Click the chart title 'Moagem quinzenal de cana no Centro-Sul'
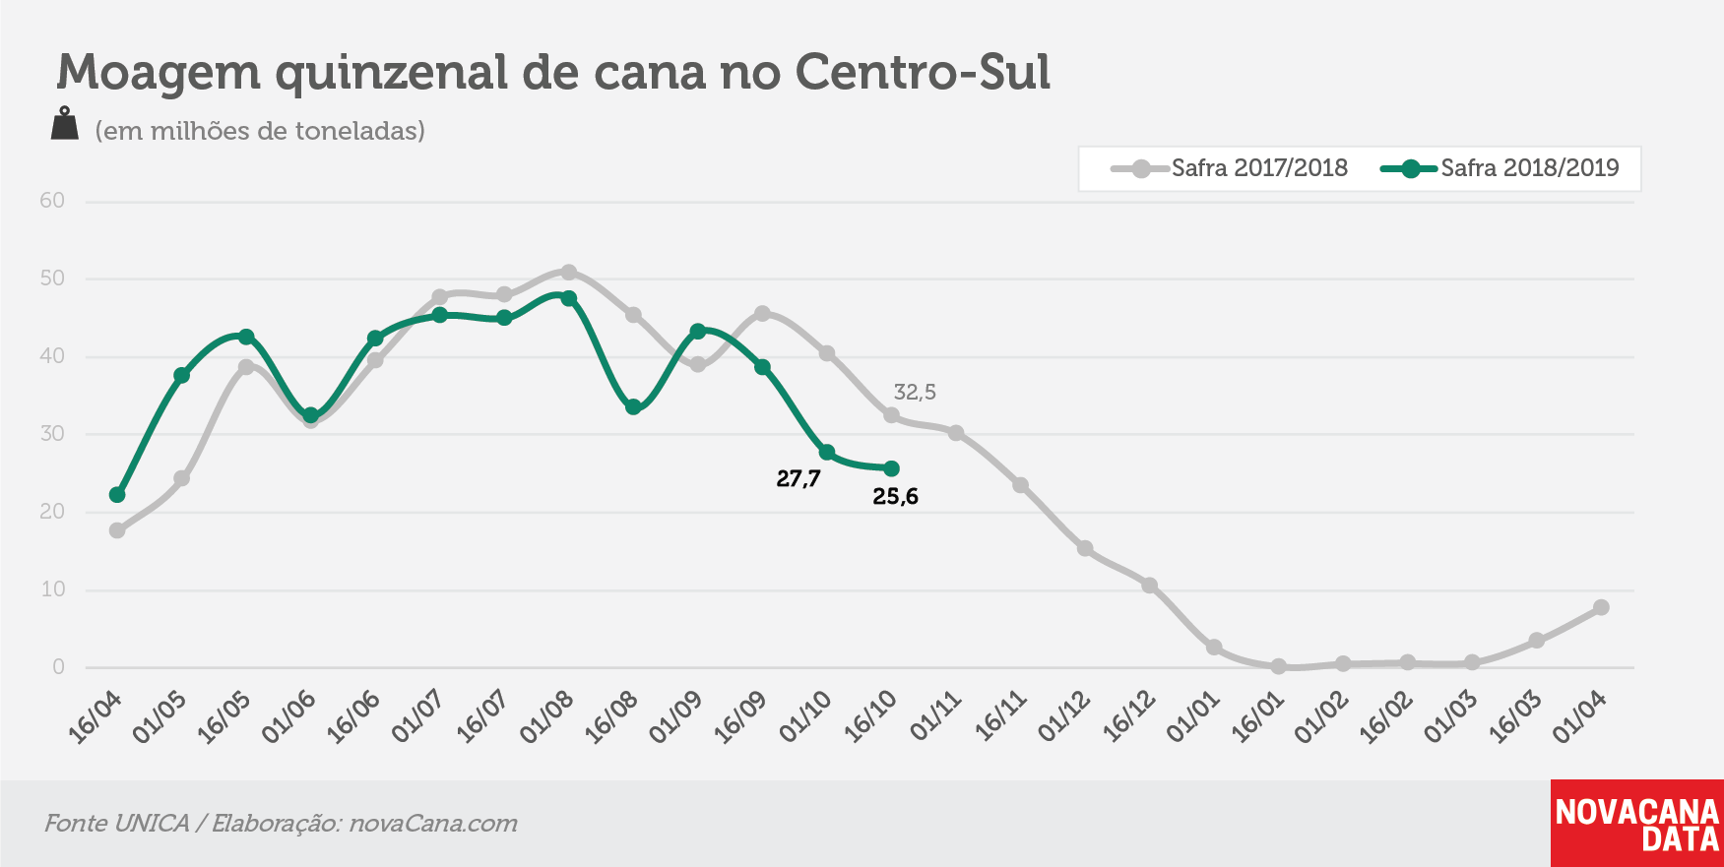click(x=553, y=72)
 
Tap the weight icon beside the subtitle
click(x=65, y=124)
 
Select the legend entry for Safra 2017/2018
click(x=1230, y=168)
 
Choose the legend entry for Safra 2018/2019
click(x=1500, y=168)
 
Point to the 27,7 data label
click(x=798, y=479)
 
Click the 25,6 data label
click(x=895, y=497)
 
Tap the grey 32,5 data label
click(x=915, y=393)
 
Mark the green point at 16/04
click(x=117, y=495)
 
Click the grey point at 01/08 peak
click(x=569, y=272)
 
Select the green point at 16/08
click(x=633, y=406)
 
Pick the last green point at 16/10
click(x=891, y=468)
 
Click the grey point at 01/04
click(x=1601, y=607)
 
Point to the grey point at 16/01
click(x=1278, y=666)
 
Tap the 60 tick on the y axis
click(x=52, y=201)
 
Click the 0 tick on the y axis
click(x=58, y=667)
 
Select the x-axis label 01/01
click(x=1193, y=716)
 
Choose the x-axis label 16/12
click(x=1128, y=716)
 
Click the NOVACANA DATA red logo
click(x=1637, y=824)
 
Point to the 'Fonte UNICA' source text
click(x=117, y=823)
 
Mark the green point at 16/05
click(x=246, y=337)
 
